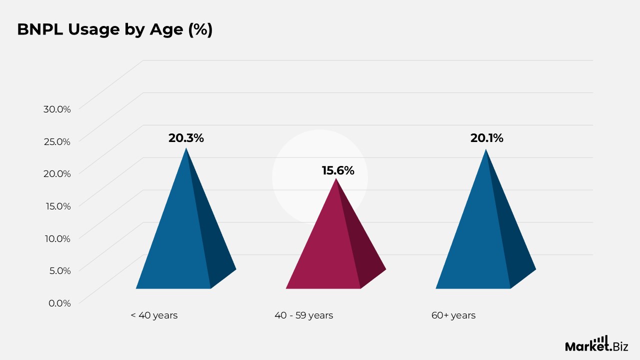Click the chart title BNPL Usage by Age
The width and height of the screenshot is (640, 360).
tap(115, 29)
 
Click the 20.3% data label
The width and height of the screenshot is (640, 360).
tap(186, 138)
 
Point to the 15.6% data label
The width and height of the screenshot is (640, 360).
tap(338, 170)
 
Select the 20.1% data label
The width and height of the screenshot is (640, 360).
tap(487, 138)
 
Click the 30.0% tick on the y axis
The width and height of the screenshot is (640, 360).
tap(57, 109)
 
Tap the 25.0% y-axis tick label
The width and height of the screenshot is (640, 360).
tap(57, 141)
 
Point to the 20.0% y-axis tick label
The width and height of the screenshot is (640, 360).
tap(57, 173)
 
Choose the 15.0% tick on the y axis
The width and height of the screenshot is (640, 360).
tap(58, 206)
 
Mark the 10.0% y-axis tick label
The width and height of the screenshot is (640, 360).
tap(57, 238)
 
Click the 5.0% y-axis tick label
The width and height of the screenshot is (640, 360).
tap(60, 270)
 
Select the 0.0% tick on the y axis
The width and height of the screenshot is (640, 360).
tap(59, 303)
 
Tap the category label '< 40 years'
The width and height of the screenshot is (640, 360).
tap(154, 315)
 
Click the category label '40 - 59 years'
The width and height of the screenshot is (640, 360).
tap(303, 315)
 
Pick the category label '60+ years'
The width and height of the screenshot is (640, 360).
tap(453, 315)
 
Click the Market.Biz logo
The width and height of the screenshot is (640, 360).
tap(596, 344)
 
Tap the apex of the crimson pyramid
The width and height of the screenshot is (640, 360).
tap(336, 178)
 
